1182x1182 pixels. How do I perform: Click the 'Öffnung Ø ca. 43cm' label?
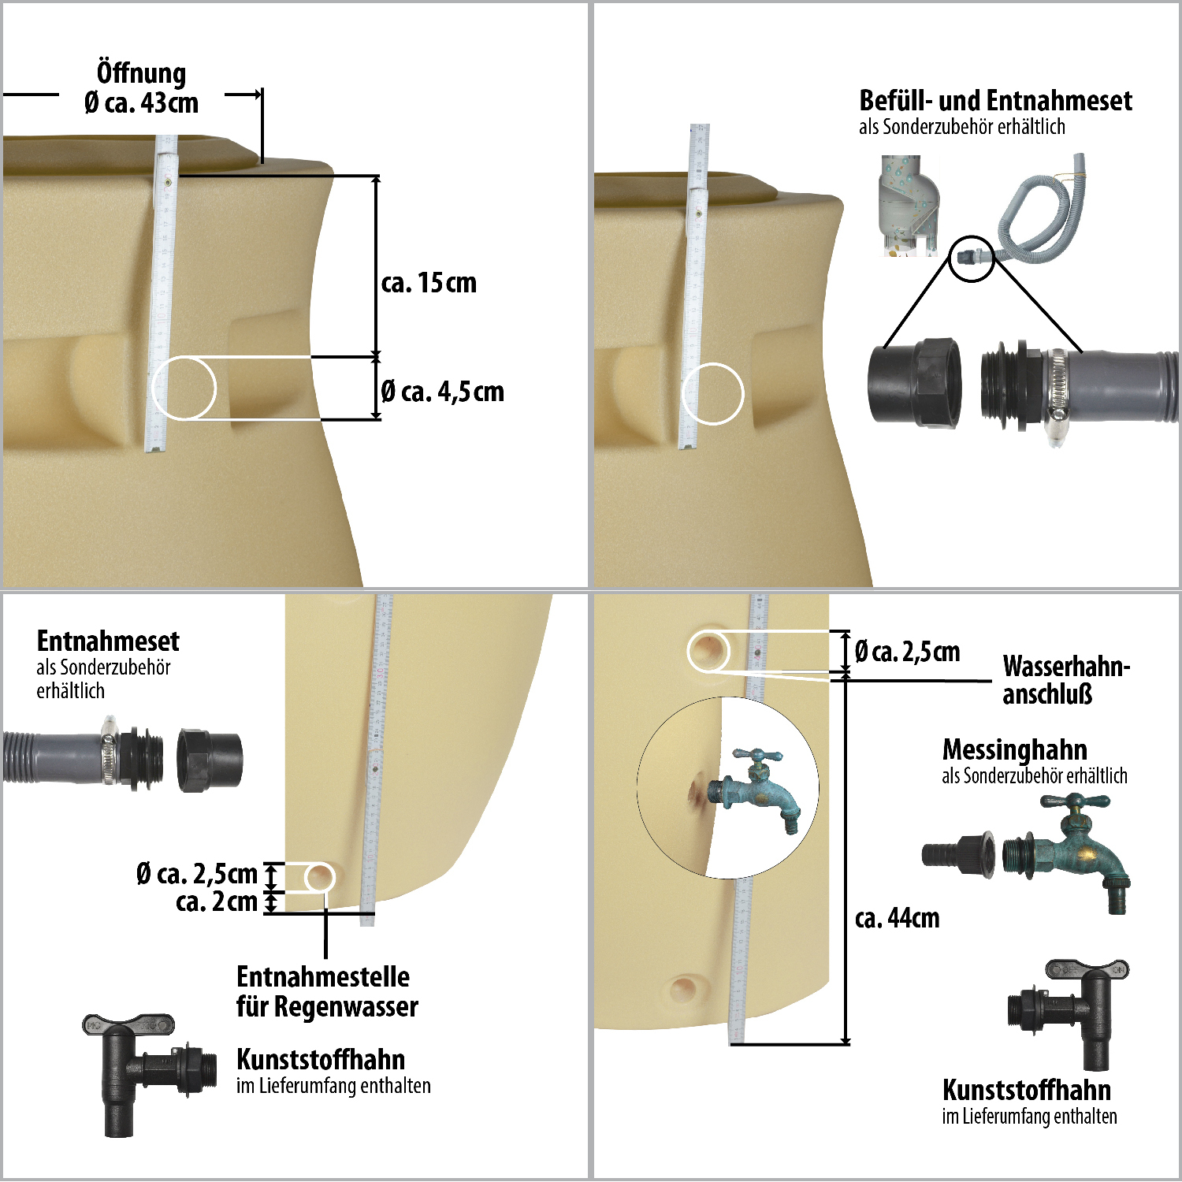pos(141,87)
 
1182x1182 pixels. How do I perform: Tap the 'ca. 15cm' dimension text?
pos(429,282)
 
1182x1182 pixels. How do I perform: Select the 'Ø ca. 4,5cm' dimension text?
pos(442,391)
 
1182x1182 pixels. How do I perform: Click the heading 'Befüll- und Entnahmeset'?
pos(995,100)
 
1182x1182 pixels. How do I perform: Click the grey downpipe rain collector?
pos(909,205)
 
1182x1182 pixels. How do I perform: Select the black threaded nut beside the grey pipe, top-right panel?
pos(915,383)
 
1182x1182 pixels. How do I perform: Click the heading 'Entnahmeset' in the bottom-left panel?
pos(108,641)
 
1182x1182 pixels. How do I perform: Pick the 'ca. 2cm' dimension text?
pos(217,901)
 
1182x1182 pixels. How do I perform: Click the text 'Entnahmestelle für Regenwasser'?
pos(327,991)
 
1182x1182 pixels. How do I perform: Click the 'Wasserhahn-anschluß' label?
pos(1066,679)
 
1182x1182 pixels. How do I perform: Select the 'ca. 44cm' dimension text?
pos(898,918)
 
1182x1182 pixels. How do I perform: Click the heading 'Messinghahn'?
pos(1015,749)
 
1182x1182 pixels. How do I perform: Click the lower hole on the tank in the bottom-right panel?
pos(683,987)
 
